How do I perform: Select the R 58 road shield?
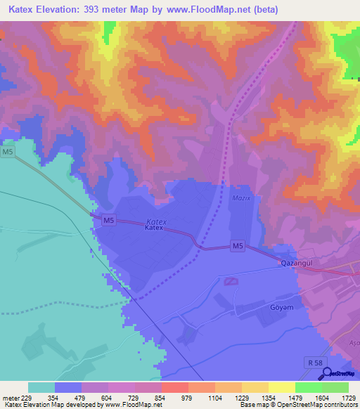(x=316, y=363)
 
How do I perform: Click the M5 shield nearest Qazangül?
(x=238, y=246)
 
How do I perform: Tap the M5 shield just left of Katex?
(x=108, y=221)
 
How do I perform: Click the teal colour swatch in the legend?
(x=41, y=387)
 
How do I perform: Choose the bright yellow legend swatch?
(x=281, y=387)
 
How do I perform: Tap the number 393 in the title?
(x=92, y=10)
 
